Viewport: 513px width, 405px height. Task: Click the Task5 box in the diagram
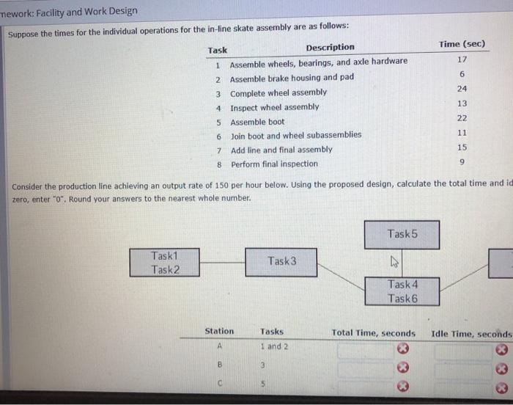(402, 234)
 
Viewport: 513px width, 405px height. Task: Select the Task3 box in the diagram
(281, 261)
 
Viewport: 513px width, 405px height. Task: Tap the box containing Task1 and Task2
(165, 263)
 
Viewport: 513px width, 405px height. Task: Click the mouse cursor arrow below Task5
(394, 259)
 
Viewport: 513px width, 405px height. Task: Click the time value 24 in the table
(461, 89)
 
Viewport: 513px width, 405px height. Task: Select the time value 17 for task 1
(461, 59)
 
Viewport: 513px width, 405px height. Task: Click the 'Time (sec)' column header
(462, 45)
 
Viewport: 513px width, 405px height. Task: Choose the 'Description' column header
(330, 48)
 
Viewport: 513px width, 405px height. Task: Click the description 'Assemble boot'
(257, 122)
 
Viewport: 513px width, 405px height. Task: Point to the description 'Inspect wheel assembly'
(274, 107)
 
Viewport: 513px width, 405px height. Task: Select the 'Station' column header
(219, 332)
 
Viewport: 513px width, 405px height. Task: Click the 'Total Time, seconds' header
(373, 333)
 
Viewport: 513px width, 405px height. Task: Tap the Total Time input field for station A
(363, 349)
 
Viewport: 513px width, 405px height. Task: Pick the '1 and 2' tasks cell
(274, 347)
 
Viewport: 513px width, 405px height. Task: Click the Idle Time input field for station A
(462, 349)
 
